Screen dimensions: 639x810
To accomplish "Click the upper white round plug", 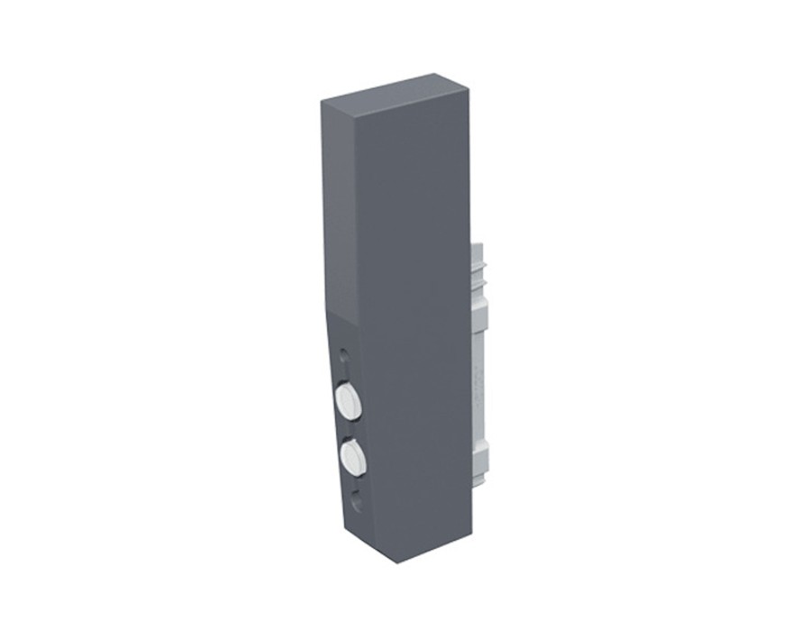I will [x=348, y=401].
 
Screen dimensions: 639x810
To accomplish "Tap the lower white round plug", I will [x=352, y=458].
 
